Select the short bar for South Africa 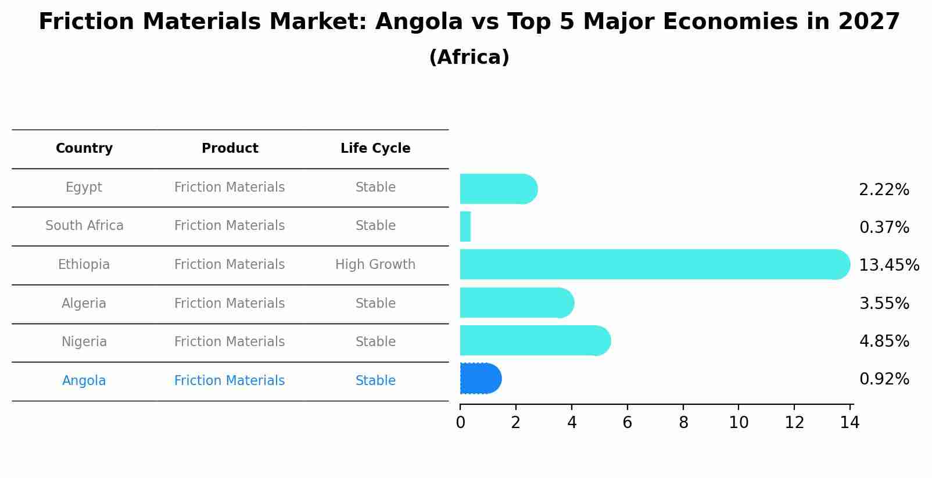pyautogui.click(x=465, y=227)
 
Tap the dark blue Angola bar pyautogui.click(x=480, y=379)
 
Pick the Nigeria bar pyautogui.click(x=535, y=340)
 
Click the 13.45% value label pyautogui.click(x=888, y=265)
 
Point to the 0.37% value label pyautogui.click(x=884, y=228)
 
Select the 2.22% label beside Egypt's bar pyautogui.click(x=884, y=190)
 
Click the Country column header pyautogui.click(x=84, y=149)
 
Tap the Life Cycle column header pyautogui.click(x=375, y=149)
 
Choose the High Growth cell pyautogui.click(x=375, y=265)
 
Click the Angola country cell pyautogui.click(x=84, y=381)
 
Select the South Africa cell pyautogui.click(x=84, y=226)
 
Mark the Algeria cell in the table pyautogui.click(x=84, y=304)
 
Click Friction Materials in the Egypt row pyautogui.click(x=230, y=188)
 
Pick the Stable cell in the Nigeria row pyautogui.click(x=375, y=342)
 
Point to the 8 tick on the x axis pyautogui.click(x=683, y=423)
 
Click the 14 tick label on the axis pyautogui.click(x=849, y=423)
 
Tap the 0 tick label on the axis pyautogui.click(x=460, y=423)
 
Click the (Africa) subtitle pyautogui.click(x=469, y=57)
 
